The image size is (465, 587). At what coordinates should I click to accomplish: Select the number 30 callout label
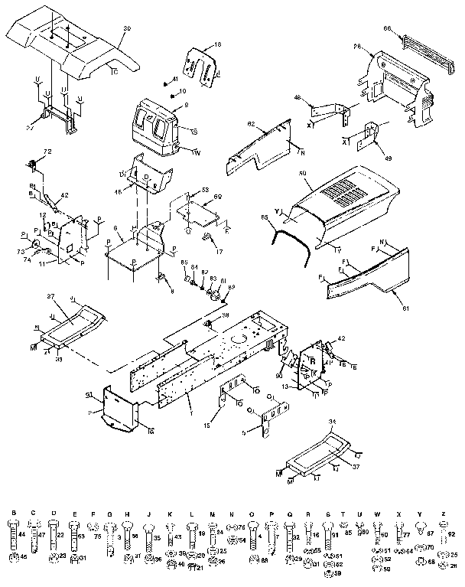(x=127, y=27)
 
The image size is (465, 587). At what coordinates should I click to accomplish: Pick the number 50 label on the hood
(x=303, y=174)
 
